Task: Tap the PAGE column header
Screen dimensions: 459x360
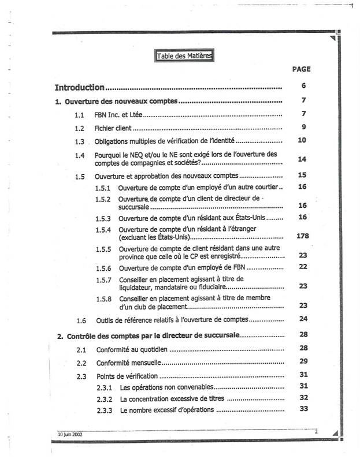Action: [301, 69]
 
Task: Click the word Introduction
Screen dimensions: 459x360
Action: [79, 88]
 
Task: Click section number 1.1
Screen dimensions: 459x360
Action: [80, 114]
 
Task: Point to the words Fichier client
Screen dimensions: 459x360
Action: [113, 128]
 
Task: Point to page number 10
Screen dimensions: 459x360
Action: [302, 140]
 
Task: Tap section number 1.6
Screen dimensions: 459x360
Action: [81, 320]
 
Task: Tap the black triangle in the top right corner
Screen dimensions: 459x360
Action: [333, 39]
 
